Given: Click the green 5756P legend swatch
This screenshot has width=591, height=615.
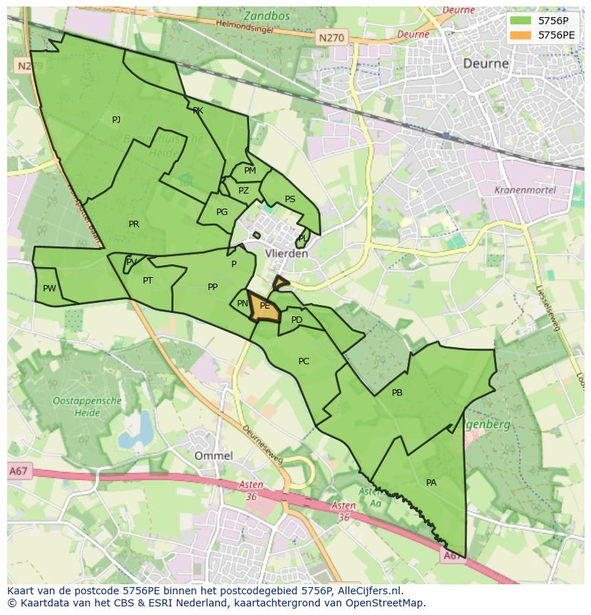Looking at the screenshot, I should click(520, 21).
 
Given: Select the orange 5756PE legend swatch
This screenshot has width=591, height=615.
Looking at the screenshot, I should click(520, 34).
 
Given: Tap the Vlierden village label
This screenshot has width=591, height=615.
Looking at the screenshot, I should click(286, 253).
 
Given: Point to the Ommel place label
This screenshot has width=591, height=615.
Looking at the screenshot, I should click(213, 455).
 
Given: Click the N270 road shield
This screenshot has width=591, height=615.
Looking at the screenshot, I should click(331, 37).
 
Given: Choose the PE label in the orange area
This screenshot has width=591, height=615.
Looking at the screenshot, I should click(265, 306).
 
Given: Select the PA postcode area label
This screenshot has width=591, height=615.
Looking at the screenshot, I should click(431, 483).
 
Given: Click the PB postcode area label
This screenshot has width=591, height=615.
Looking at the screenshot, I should click(398, 393).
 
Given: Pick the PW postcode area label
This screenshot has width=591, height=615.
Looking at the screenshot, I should click(49, 289).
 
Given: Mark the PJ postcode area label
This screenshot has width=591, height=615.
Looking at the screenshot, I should click(116, 119).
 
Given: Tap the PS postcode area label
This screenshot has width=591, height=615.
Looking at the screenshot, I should click(290, 199).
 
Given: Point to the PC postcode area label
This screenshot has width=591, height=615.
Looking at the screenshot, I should click(303, 361).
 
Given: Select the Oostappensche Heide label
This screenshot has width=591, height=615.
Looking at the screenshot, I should click(87, 406).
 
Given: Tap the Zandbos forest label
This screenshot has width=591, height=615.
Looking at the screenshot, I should click(267, 16).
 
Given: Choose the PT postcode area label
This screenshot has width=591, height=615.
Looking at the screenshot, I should click(148, 281).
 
